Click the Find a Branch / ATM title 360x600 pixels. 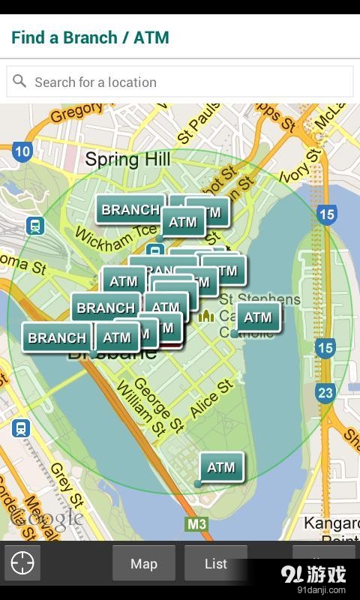[90, 37]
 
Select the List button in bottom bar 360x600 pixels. [216, 563]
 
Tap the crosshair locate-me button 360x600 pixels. [22, 562]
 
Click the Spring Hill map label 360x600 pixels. [127, 159]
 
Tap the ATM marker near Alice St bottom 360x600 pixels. [221, 467]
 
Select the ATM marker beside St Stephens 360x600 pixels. [258, 317]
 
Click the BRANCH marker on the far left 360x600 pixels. [57, 337]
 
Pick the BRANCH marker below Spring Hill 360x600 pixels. [129, 209]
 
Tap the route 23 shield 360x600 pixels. [325, 392]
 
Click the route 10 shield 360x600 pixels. [22, 152]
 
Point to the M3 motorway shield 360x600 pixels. [196, 524]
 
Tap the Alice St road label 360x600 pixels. [212, 398]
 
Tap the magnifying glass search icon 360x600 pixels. [19, 81]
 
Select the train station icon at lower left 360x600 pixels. [21, 428]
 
